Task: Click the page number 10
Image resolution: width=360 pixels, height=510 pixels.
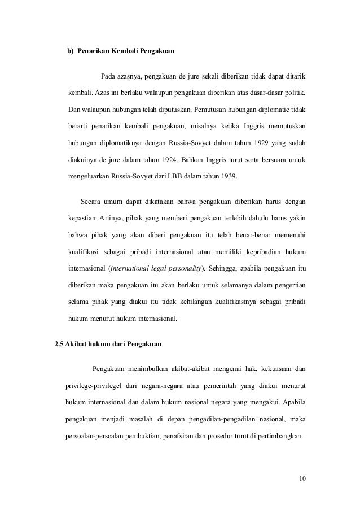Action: click(x=302, y=480)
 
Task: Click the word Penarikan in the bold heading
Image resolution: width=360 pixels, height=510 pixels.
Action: click(x=95, y=52)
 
